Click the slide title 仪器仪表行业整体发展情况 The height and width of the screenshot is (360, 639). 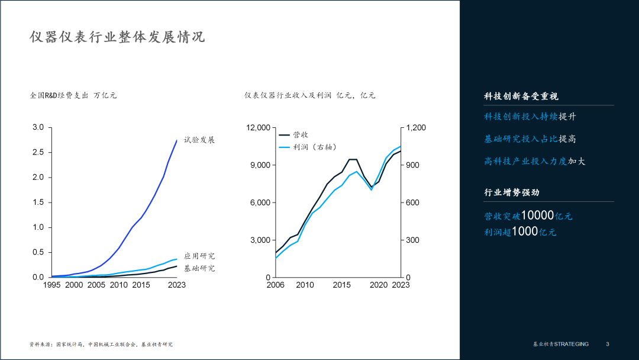tap(117, 37)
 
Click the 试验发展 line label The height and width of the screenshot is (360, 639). tap(199, 140)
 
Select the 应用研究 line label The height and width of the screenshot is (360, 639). tap(199, 256)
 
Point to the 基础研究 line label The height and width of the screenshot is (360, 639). tap(199, 268)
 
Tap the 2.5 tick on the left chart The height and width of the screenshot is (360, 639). tap(38, 152)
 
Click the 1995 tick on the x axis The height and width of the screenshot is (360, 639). tap(51, 285)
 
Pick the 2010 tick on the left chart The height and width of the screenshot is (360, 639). tap(118, 285)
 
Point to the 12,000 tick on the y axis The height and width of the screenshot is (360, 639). tap(258, 127)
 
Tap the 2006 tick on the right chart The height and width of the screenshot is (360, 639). tap(275, 285)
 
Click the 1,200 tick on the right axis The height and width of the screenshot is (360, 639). tap(415, 127)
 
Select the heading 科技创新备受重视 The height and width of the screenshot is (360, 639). tap(521, 96)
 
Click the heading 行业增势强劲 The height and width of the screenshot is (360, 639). tap(512, 192)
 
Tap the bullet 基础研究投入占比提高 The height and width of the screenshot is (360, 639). tap(530, 139)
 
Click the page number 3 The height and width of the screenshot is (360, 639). tap(607, 344)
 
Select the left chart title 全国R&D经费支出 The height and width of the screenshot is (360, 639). tap(60, 95)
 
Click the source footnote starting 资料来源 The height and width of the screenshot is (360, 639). tap(101, 344)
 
